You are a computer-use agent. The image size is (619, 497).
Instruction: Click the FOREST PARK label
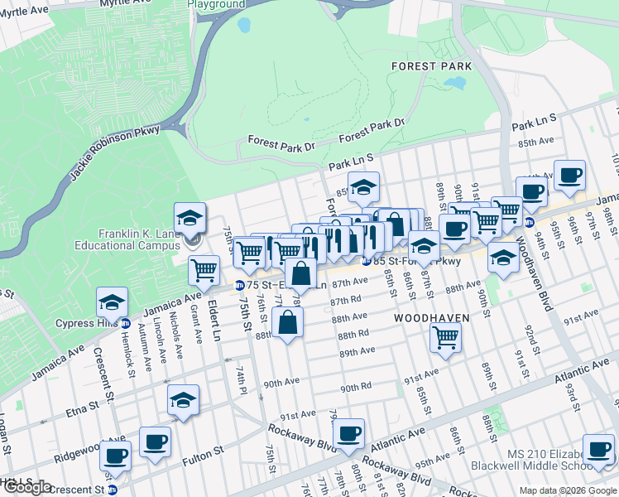tap(431, 66)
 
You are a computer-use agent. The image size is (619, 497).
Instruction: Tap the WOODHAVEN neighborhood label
tap(431, 318)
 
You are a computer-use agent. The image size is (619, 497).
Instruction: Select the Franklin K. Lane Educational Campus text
tap(127, 239)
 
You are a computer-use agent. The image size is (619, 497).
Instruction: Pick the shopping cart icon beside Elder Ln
tap(204, 269)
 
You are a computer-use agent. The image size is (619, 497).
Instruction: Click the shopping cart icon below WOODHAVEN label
tap(445, 337)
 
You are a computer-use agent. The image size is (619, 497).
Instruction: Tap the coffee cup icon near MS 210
tap(597, 450)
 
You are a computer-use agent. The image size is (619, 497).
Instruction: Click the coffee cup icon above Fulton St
tap(155, 442)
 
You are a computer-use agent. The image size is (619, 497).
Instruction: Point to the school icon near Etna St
tap(183, 401)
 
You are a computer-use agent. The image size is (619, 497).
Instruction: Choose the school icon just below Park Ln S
tap(362, 189)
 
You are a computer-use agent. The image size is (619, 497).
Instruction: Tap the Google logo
tap(27, 487)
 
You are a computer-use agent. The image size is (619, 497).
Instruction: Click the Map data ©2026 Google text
tap(567, 490)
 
